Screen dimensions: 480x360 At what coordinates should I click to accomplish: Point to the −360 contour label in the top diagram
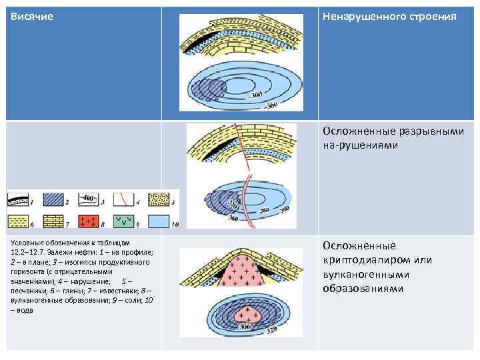coord(270,105)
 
